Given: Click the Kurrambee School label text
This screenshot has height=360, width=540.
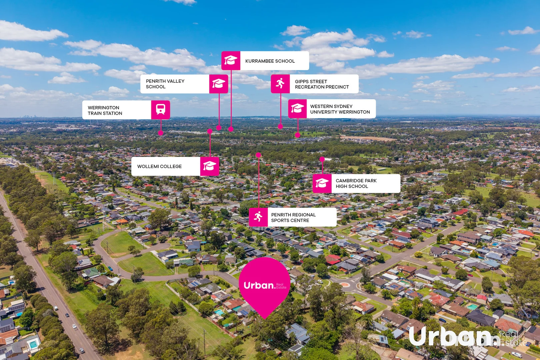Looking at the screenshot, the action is [x=270, y=61].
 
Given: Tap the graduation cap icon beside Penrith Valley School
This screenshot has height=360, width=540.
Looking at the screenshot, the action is [x=219, y=84].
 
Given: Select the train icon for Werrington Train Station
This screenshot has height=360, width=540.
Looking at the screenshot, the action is [x=161, y=109].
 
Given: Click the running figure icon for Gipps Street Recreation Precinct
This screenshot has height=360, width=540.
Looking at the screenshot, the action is [x=280, y=83].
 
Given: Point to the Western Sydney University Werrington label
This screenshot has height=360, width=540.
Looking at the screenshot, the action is [x=340, y=109].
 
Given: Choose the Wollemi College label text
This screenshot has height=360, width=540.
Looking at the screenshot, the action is [x=159, y=166].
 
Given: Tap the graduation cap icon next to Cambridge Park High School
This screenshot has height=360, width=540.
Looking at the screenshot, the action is [x=322, y=183].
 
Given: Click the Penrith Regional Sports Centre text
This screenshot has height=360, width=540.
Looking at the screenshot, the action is [x=293, y=217].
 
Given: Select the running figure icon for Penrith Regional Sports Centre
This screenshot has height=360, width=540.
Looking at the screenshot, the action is [x=258, y=217].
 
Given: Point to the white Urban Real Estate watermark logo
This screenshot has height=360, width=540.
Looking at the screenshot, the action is [x=468, y=336].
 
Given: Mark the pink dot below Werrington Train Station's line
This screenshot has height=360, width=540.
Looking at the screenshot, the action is [x=161, y=133].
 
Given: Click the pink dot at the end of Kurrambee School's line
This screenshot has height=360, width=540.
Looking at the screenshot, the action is [x=231, y=129].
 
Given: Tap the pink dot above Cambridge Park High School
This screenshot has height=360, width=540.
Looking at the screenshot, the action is [x=322, y=159].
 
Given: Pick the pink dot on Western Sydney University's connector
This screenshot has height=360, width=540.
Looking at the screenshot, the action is [x=297, y=135].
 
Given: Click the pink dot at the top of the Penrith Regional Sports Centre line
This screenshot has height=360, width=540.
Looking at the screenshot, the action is [x=258, y=155].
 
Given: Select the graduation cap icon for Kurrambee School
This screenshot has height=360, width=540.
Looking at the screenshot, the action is [x=231, y=60].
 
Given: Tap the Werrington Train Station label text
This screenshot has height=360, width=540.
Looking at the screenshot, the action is [x=105, y=110].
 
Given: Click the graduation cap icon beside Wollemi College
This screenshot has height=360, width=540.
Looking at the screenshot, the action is [x=209, y=166].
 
